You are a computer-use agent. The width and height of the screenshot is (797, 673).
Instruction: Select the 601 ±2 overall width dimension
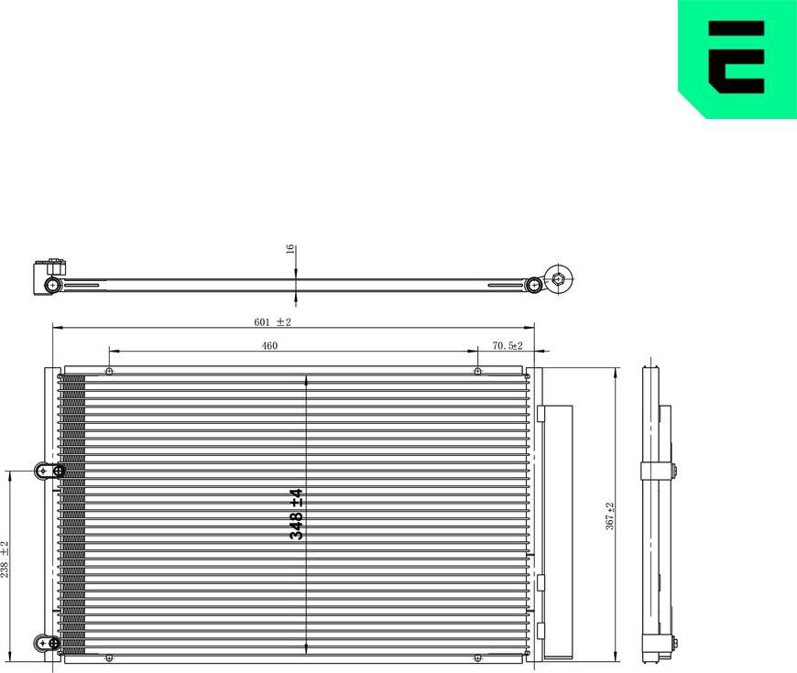(272, 321)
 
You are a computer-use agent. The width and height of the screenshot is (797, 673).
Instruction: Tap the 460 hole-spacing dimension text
(269, 345)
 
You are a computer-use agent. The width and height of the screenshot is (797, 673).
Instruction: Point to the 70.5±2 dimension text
(507, 345)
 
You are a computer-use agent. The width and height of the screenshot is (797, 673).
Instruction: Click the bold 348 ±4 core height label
(296, 514)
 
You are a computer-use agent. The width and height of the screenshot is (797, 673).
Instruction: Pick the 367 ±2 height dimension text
(609, 516)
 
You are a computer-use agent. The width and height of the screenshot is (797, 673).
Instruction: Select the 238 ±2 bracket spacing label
(5, 559)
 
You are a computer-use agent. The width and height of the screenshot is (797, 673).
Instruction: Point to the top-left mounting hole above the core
(109, 371)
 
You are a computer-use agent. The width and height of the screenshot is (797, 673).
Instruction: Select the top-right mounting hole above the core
(477, 371)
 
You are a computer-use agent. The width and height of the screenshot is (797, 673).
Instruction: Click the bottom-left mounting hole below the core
(109, 658)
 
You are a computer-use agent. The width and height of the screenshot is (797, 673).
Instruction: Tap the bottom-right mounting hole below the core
(477, 658)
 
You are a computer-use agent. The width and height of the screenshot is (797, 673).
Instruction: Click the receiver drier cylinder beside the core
(556, 531)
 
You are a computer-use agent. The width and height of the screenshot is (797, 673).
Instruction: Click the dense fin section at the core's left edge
(73, 513)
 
